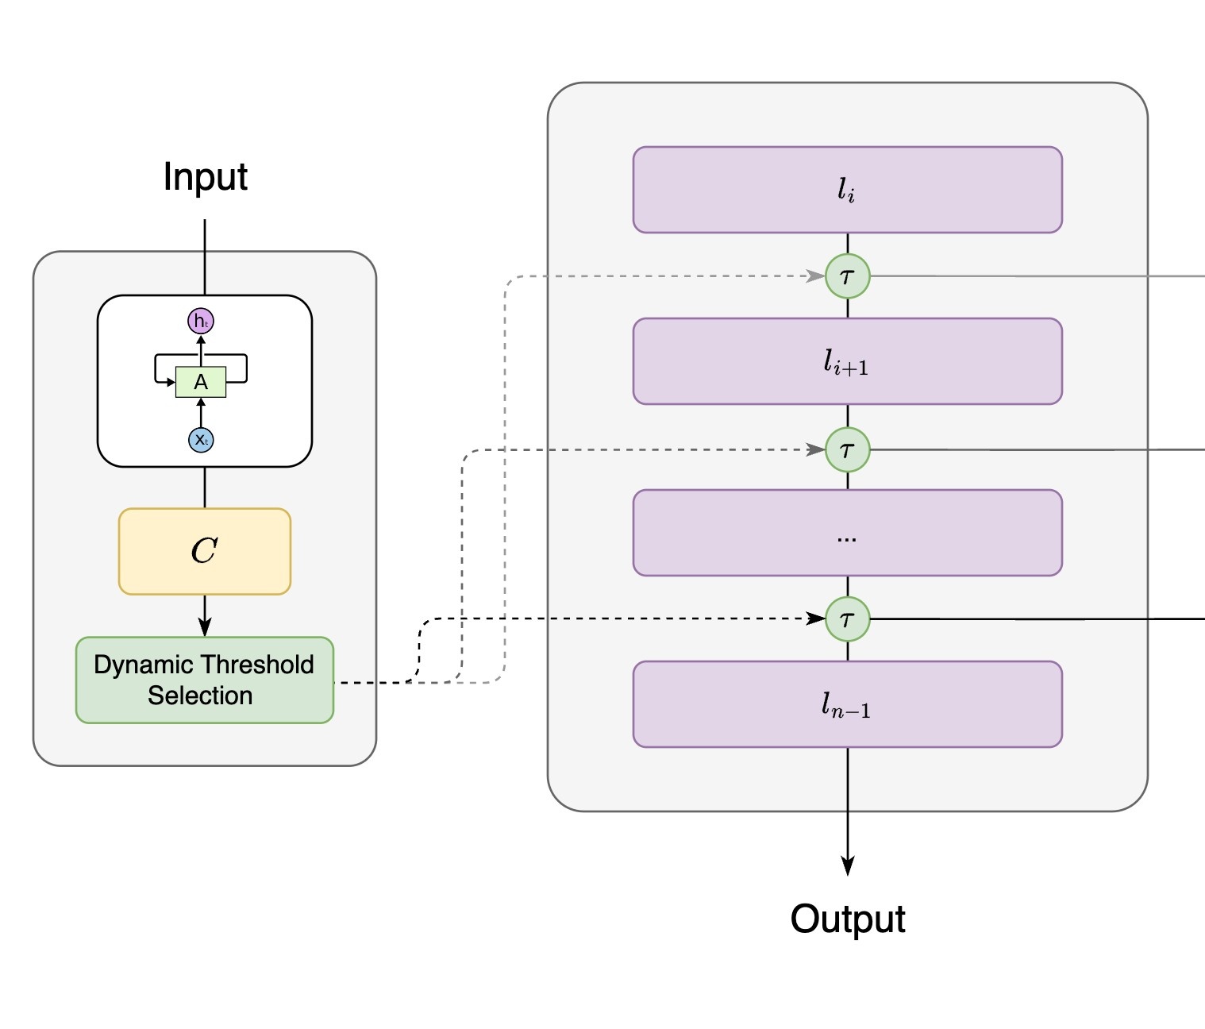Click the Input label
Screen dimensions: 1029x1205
205,176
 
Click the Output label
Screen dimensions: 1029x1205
847,919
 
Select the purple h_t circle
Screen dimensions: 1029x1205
201,321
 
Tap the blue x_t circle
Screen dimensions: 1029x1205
201,440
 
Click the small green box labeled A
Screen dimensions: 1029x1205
201,382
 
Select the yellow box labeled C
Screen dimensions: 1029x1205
205,551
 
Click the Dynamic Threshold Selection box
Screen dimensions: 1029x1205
205,680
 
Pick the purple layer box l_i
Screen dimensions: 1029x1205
847,190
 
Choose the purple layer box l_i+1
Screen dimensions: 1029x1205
847,361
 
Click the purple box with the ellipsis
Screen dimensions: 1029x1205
847,533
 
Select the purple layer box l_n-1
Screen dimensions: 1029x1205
847,704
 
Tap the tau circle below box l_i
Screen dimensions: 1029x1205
847,276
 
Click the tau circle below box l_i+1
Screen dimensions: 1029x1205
847,450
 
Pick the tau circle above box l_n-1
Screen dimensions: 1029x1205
847,619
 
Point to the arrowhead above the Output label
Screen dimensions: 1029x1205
847,866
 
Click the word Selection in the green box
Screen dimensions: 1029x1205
200,696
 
